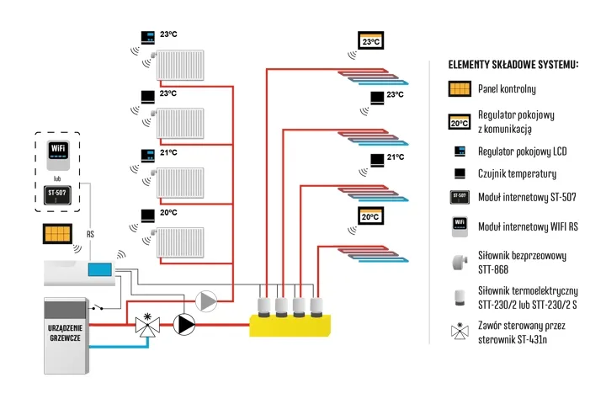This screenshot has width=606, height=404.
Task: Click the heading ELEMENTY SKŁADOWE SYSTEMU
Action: (x=513, y=65)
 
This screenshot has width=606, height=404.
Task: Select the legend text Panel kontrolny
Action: (x=506, y=88)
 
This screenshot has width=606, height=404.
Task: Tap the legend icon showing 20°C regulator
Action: (x=459, y=121)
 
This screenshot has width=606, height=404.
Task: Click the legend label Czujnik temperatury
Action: (x=517, y=173)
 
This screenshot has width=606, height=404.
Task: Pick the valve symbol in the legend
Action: (x=459, y=329)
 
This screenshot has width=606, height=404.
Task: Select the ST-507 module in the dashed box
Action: (x=58, y=197)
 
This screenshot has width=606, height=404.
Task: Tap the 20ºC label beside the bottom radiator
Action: (x=168, y=213)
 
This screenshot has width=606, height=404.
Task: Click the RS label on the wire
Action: (x=90, y=234)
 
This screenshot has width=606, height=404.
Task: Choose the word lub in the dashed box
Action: (x=57, y=178)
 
